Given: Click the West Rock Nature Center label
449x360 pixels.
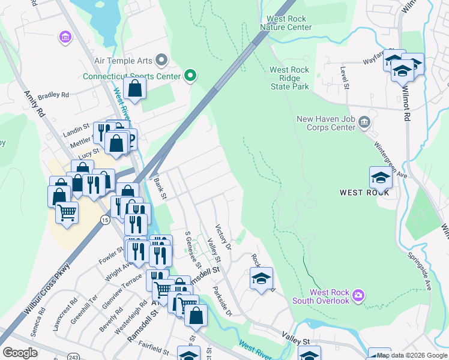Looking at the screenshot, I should click(x=286, y=23).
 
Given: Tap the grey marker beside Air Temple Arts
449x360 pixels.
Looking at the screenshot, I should click(x=161, y=60).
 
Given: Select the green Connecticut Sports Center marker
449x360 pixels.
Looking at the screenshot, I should click(x=191, y=76).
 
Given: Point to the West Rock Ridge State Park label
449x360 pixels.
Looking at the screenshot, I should click(x=289, y=79).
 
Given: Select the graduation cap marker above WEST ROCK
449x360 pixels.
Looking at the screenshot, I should click(x=381, y=177).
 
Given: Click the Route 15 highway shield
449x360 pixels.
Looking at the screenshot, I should click(x=105, y=221).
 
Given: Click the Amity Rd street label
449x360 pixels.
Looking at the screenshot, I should click(x=34, y=104).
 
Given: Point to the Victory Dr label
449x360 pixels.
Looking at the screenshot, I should click(x=223, y=236).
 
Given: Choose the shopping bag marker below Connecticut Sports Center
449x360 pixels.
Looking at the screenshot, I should click(x=136, y=89).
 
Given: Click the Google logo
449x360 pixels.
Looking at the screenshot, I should click(x=19, y=353).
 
